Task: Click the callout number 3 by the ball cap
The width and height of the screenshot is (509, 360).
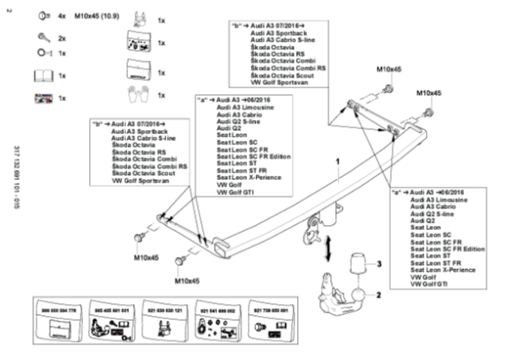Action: coord(380,266)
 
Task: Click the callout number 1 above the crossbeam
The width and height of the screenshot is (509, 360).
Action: coord(337,160)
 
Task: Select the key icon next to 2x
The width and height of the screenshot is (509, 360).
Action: coord(40,38)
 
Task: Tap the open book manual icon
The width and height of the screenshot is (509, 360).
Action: coord(41,76)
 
